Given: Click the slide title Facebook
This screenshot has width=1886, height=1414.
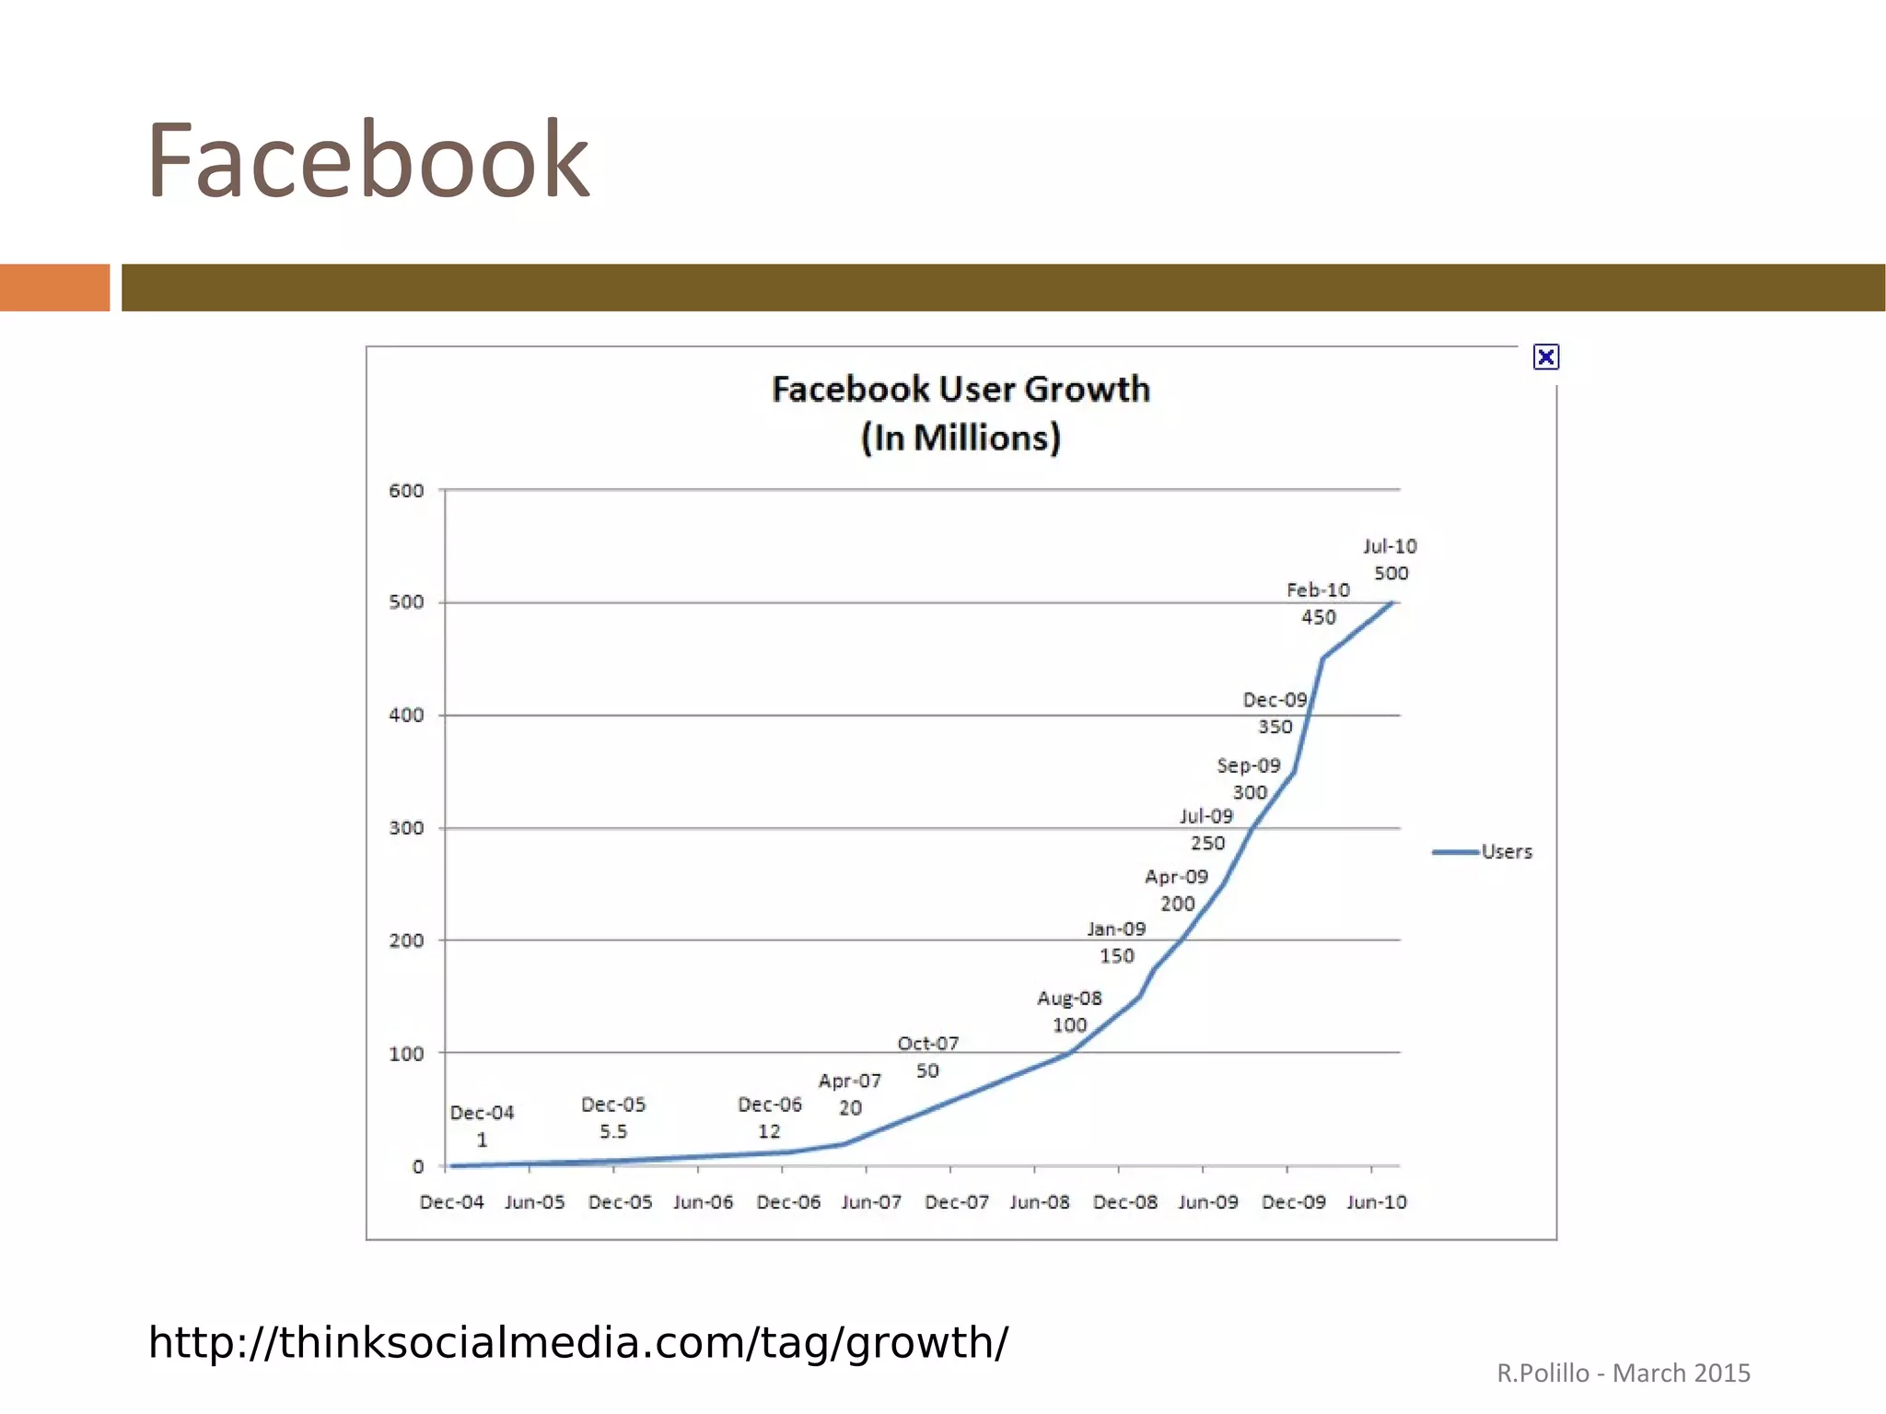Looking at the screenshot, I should (x=367, y=161).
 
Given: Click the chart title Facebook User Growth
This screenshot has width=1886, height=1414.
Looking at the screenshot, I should (x=960, y=390).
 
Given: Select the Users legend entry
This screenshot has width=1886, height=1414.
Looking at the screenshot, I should (x=1483, y=852).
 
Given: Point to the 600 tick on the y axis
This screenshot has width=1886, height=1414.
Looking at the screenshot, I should (x=406, y=491).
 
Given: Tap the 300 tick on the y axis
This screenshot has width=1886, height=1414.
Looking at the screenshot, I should (x=406, y=828).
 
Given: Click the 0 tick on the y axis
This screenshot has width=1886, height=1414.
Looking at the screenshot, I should (x=417, y=1167).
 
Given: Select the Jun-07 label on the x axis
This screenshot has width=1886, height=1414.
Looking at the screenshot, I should (x=871, y=1202).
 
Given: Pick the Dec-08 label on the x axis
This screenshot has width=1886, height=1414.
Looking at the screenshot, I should (x=1124, y=1202).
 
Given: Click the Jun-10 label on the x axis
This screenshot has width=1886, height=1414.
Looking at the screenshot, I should (x=1376, y=1202).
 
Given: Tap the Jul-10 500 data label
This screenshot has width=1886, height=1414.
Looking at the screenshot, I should (x=1391, y=560).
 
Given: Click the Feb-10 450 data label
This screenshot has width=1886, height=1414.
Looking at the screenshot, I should (x=1318, y=603).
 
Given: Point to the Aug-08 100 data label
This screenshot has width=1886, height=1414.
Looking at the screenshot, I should (x=1069, y=1011).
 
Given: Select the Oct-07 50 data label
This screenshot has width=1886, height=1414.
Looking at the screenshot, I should (x=928, y=1057).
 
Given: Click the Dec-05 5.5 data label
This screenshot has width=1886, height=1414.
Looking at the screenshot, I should (x=613, y=1117).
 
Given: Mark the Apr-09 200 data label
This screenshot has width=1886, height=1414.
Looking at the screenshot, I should (x=1176, y=890).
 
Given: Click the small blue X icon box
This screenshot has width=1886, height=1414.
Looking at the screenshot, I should (x=1545, y=357).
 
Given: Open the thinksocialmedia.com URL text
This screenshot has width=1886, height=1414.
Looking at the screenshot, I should (x=577, y=1343).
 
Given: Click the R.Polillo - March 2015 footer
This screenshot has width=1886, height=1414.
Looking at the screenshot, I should (x=1623, y=1373).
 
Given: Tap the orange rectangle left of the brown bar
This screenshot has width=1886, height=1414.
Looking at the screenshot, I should (x=54, y=287).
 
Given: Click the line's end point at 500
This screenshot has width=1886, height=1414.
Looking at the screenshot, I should (x=1393, y=602).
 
